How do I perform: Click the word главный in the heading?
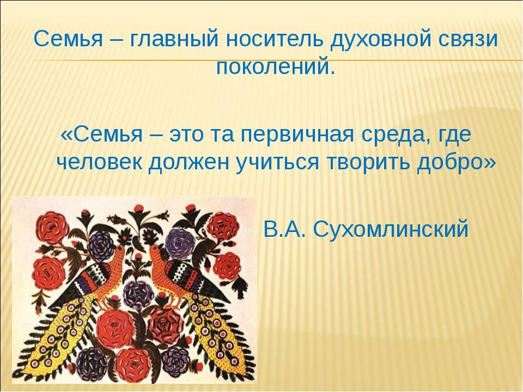click(173, 39)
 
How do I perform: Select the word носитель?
click(275, 39)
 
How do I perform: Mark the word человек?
click(99, 163)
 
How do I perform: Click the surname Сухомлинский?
click(391, 229)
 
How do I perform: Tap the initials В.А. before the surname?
click(285, 229)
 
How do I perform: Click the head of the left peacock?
click(119, 249)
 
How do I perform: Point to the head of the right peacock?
click(154, 250)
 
